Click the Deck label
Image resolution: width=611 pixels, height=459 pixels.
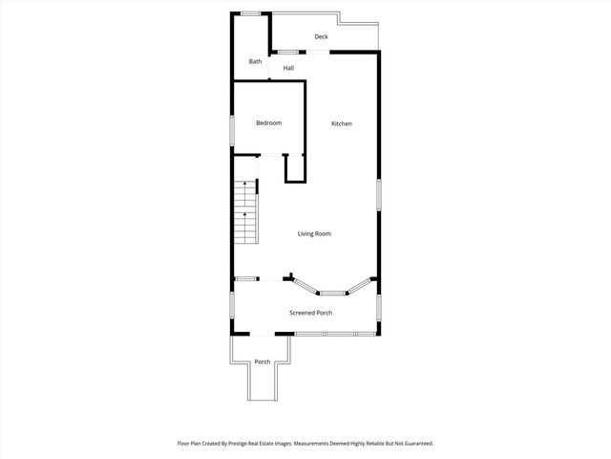pyautogui.click(x=322, y=37)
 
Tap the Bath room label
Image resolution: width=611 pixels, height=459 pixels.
pyautogui.click(x=255, y=62)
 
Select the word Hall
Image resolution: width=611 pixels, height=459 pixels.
pyautogui.click(x=288, y=68)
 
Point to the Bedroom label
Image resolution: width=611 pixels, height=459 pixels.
pyautogui.click(x=268, y=123)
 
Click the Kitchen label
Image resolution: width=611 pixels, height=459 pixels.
pyautogui.click(x=342, y=124)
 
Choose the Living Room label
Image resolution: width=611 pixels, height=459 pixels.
pyautogui.click(x=315, y=234)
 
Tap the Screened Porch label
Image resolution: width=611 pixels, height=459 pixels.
pyautogui.click(x=311, y=313)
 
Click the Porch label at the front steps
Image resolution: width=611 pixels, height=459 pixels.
pyautogui.click(x=263, y=361)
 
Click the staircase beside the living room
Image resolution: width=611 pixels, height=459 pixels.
pyautogui.click(x=246, y=211)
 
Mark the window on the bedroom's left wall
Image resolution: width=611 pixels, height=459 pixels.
pyautogui.click(x=232, y=131)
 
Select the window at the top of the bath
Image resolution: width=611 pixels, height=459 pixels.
pyautogui.click(x=251, y=12)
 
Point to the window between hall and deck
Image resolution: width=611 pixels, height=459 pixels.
pyautogui.click(x=285, y=51)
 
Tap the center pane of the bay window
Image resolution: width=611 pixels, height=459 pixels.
pyautogui.click(x=332, y=293)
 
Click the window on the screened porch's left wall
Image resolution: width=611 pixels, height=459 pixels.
pyautogui.click(x=232, y=305)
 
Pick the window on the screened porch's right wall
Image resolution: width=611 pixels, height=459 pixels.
pyautogui.click(x=379, y=305)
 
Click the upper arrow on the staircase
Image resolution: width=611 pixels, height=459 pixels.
pyautogui.click(x=245, y=183)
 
